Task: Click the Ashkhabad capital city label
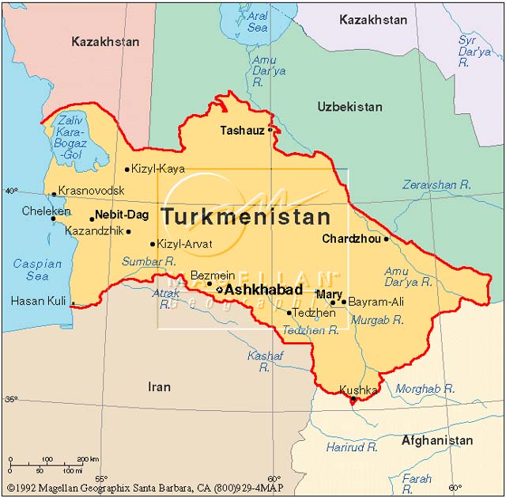[263, 291]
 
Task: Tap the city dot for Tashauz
[270, 128]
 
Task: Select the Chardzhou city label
[351, 238]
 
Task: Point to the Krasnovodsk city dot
[54, 193]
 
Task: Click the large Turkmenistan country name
[246, 217]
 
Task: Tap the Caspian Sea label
[37, 270]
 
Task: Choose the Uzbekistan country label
[349, 107]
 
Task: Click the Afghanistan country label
[437, 441]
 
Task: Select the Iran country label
[159, 386]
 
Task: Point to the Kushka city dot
[353, 401]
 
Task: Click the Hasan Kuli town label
[38, 302]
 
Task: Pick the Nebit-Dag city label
[122, 215]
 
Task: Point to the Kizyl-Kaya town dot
[127, 169]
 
